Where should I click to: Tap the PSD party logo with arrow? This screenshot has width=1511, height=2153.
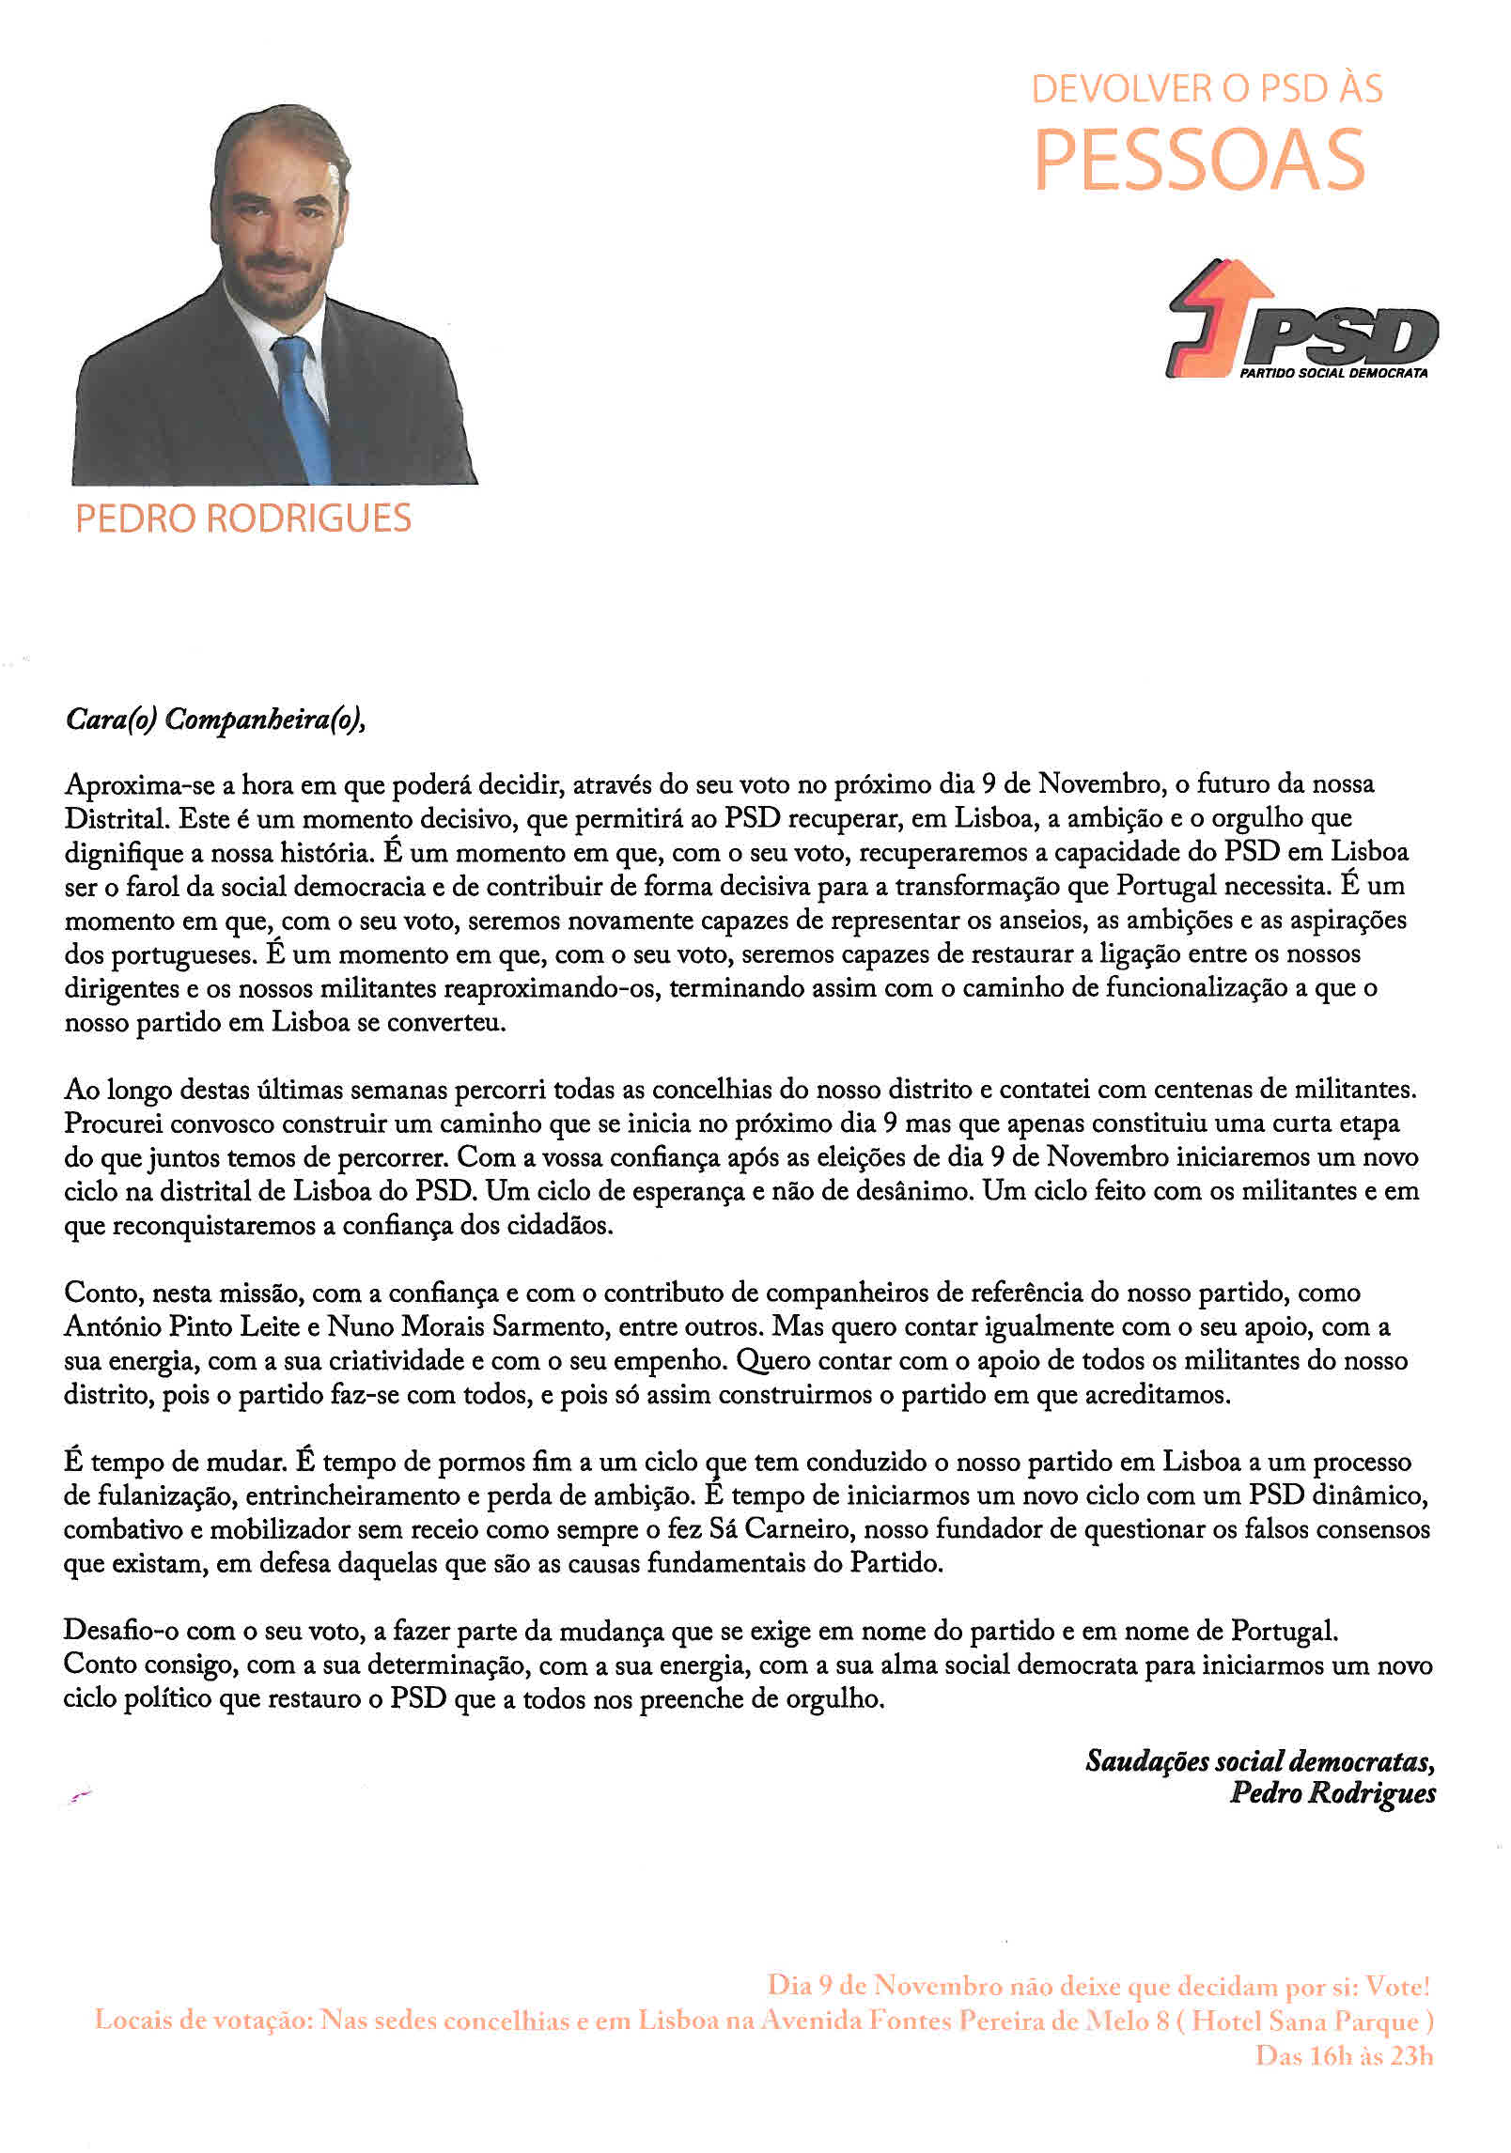(x=1301, y=320)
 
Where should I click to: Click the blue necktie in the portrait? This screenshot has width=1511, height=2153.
(x=303, y=404)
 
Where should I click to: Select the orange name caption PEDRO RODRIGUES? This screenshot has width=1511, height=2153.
(x=242, y=519)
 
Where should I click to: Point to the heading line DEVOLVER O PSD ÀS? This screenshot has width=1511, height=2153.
(x=1207, y=89)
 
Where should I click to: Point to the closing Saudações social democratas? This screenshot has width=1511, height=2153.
(x=1259, y=1760)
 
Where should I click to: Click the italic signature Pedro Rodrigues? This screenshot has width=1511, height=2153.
(x=1332, y=1793)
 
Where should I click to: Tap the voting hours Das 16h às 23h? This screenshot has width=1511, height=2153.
(x=1344, y=2056)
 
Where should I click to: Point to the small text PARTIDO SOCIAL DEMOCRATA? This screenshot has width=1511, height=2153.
(x=1333, y=373)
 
